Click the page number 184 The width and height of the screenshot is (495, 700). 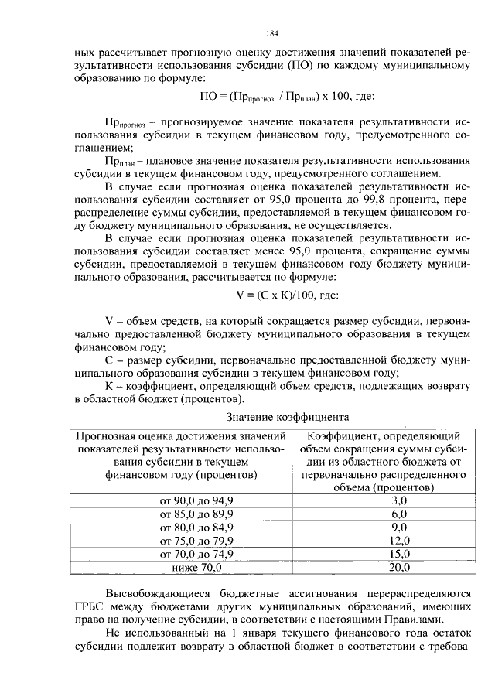[271, 33]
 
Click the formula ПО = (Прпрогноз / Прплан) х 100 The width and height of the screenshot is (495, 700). [276, 96]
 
